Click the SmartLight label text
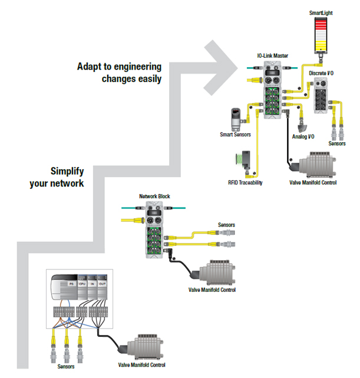click(x=322, y=12)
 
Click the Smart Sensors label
click(x=236, y=134)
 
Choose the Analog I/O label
click(x=303, y=136)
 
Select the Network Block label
click(x=154, y=196)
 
